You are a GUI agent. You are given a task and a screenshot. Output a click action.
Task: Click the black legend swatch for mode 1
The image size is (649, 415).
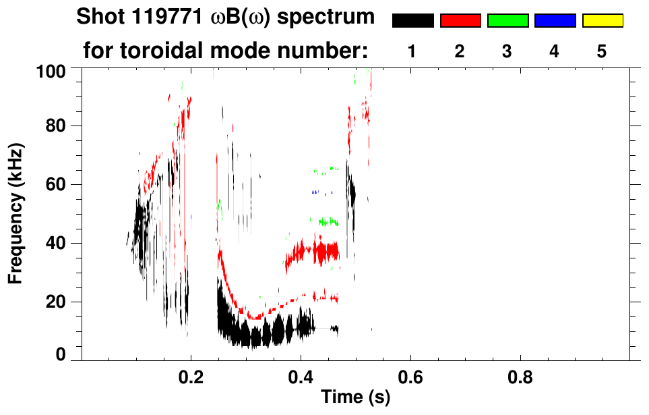[x=412, y=21]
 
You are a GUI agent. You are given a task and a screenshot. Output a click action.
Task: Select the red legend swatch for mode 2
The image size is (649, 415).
[x=460, y=21]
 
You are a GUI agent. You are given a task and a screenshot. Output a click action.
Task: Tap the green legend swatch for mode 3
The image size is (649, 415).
[x=507, y=21]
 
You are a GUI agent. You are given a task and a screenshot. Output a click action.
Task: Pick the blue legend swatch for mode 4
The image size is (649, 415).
[x=555, y=21]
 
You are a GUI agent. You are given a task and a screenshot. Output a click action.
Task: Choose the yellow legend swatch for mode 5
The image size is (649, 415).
[x=602, y=21]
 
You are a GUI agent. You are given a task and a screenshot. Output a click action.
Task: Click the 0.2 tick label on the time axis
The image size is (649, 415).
[x=191, y=378]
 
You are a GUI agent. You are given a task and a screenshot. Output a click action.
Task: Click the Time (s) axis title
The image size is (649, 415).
[x=355, y=398]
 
